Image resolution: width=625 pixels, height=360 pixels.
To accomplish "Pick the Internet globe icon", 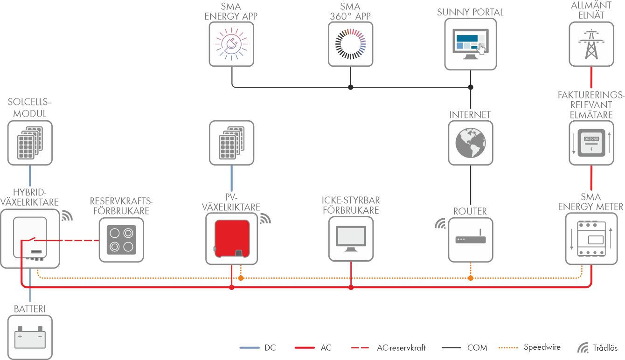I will pos(470,143).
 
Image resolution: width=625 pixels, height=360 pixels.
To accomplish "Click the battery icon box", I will pos(30,337).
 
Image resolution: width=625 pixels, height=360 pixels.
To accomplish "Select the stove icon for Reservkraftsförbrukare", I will pos(121,239).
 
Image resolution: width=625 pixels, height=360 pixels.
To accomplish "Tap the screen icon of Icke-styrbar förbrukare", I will pos(351,239).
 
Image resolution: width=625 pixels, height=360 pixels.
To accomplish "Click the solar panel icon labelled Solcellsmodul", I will pos(30,143).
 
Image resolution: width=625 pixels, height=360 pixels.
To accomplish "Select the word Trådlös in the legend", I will pos(606,347).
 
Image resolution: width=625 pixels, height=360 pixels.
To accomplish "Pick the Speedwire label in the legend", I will pos(542,347).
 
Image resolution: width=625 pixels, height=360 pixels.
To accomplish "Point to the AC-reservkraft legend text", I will pos(401,347).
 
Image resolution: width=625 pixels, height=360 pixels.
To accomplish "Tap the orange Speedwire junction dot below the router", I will pos(470,278).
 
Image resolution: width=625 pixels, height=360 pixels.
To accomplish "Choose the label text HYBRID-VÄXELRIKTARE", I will pos(30,197).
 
